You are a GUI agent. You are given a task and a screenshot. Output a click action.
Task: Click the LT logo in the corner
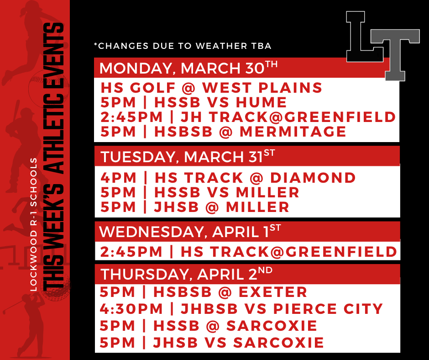pyautogui.click(x=382, y=46)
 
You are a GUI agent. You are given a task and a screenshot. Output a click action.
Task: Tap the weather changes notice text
pyautogui.click(x=183, y=46)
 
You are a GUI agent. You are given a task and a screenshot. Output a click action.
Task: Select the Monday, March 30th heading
pyautogui.click(x=188, y=68)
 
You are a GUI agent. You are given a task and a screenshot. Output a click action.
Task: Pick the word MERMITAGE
pyautogui.click(x=293, y=132)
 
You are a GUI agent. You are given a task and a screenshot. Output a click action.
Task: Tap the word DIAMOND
pyautogui.click(x=313, y=177)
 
